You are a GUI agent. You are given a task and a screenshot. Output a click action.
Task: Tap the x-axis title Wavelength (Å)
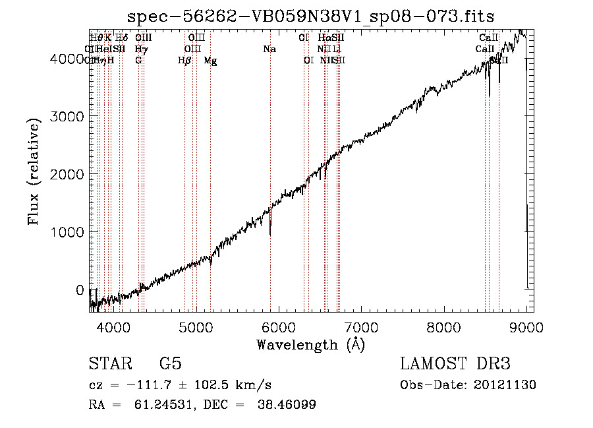[x=310, y=344]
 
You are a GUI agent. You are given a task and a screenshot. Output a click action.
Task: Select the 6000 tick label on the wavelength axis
[x=279, y=325]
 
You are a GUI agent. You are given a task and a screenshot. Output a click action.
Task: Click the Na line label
[x=269, y=49]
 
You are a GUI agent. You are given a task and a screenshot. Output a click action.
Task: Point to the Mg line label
[x=210, y=61]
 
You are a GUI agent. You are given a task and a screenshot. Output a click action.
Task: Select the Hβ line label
[x=184, y=61]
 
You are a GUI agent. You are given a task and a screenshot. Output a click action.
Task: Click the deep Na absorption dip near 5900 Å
[x=270, y=232]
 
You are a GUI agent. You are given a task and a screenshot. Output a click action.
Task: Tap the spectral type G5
[x=171, y=364]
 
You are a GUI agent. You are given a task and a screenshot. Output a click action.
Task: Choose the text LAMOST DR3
[x=455, y=364]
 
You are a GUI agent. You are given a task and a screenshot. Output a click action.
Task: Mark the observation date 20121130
[x=507, y=384]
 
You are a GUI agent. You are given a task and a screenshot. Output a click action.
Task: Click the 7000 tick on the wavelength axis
[x=361, y=325]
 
